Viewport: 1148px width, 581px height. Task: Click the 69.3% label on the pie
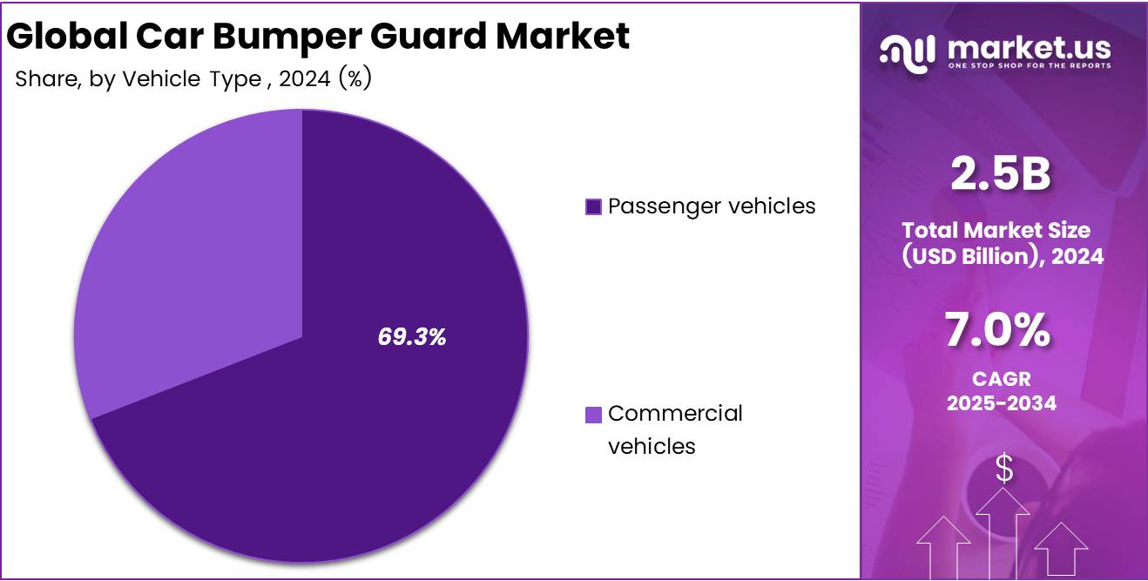click(x=412, y=338)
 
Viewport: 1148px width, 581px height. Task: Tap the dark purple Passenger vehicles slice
click(x=348, y=453)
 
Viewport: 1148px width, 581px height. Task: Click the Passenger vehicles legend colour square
click(x=593, y=207)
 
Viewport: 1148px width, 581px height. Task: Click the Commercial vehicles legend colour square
click(x=593, y=415)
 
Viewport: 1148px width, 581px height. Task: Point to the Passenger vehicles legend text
click(x=712, y=206)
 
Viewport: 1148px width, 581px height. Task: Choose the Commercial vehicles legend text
click(x=675, y=429)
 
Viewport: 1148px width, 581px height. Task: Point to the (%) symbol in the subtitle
click(x=356, y=79)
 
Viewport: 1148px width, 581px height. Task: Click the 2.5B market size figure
click(x=1001, y=175)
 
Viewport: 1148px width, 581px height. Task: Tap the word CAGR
click(x=1001, y=379)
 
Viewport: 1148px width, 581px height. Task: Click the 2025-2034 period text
click(x=1001, y=403)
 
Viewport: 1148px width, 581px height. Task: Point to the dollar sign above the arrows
click(x=1004, y=470)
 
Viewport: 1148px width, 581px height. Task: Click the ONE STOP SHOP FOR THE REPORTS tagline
click(x=1029, y=66)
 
